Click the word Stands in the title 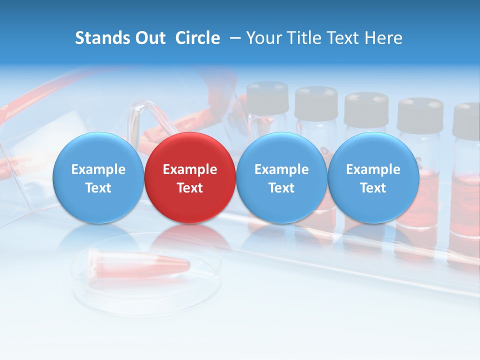pos(101,38)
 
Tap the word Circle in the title pos(197,38)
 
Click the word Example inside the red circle pos(190,169)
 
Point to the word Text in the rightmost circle pos(373,188)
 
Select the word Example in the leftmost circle pos(98,169)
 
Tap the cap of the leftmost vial pos(267,97)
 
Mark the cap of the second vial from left pos(316,102)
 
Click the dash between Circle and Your pos(233,38)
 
